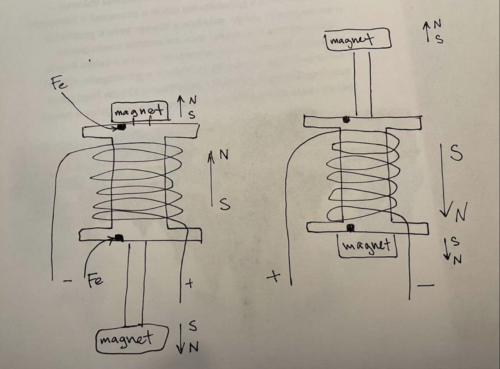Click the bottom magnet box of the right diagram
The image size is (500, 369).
pos(367,245)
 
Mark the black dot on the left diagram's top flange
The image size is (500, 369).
pos(122,127)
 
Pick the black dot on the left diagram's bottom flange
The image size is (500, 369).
pos(119,238)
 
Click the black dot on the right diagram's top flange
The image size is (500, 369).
pos(346,120)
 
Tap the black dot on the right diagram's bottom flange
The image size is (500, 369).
pos(351,228)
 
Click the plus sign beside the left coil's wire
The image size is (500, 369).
pos(190,284)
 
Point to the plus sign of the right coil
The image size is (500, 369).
pos(274,276)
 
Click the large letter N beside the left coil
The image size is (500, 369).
pos(224,154)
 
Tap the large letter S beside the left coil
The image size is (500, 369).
pos(224,204)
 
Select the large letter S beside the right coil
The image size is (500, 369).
pos(456,153)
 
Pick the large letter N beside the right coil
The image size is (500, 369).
pos(461,214)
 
